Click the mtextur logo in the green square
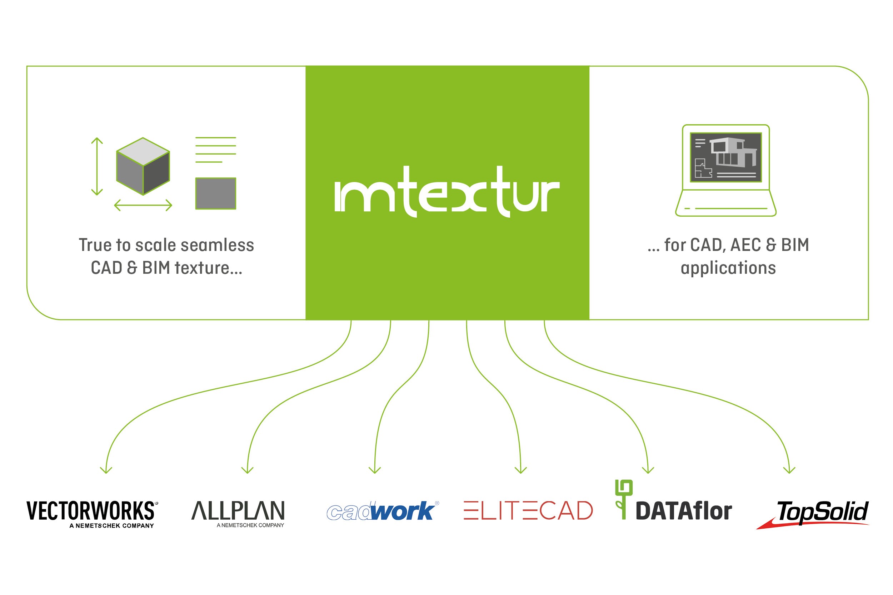point(447,192)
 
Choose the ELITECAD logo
point(528,510)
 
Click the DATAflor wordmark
point(683,511)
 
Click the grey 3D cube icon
point(143,166)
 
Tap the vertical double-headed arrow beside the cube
point(97,166)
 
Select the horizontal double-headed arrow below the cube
point(143,205)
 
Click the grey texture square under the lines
point(216,193)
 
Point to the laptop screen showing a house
point(725,157)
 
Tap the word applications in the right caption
point(728,268)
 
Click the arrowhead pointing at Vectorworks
point(106,470)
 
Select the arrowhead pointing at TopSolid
point(789,470)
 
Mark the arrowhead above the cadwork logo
point(375,470)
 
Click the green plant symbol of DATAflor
point(623,499)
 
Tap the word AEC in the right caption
point(746,245)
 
